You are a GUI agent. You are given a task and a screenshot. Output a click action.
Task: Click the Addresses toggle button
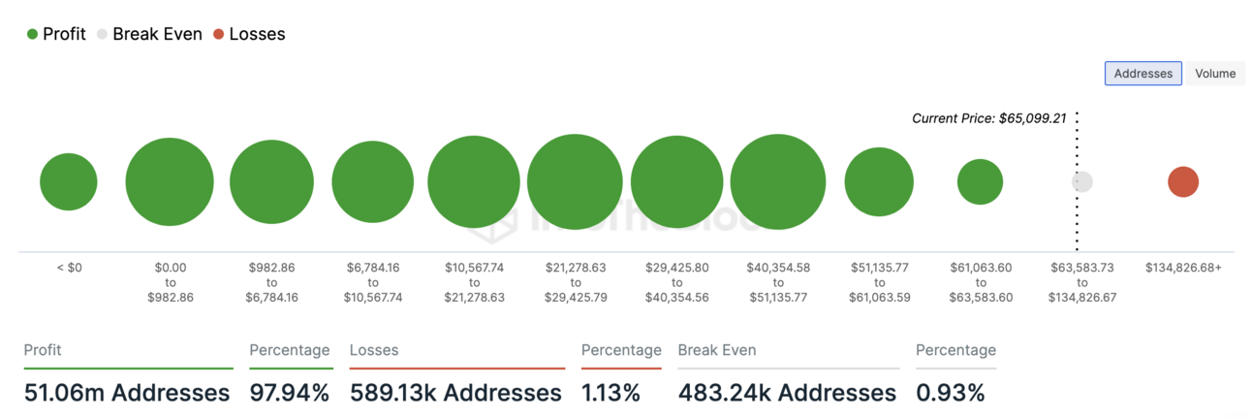click(1143, 74)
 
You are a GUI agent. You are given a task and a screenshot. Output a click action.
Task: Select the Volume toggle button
click(1214, 74)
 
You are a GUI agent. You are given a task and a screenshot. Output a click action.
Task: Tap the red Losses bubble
click(1182, 181)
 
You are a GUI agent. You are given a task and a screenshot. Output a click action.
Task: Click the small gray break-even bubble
click(1082, 181)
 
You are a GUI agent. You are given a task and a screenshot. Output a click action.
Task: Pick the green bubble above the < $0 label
click(69, 181)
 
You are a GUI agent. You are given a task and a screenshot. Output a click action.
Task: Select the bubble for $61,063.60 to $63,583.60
click(980, 181)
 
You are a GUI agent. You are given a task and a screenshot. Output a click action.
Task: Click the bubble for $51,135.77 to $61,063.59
click(879, 181)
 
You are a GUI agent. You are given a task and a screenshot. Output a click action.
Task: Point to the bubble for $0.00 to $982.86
click(170, 181)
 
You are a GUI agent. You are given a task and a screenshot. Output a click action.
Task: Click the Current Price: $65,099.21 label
click(988, 118)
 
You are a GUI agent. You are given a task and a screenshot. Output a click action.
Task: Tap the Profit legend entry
click(56, 34)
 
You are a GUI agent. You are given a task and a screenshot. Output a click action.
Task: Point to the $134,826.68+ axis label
click(1182, 267)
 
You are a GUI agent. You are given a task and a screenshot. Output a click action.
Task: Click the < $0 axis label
click(69, 267)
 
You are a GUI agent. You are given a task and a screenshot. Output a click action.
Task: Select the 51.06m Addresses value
click(126, 393)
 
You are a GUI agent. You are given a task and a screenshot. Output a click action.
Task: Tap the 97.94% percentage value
click(289, 393)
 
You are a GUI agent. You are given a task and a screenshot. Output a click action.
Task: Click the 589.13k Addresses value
click(455, 393)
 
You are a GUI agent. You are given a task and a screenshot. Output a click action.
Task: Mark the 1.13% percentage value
click(610, 393)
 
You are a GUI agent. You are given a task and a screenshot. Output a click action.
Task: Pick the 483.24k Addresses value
click(787, 393)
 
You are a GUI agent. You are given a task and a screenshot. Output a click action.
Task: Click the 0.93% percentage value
click(950, 393)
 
